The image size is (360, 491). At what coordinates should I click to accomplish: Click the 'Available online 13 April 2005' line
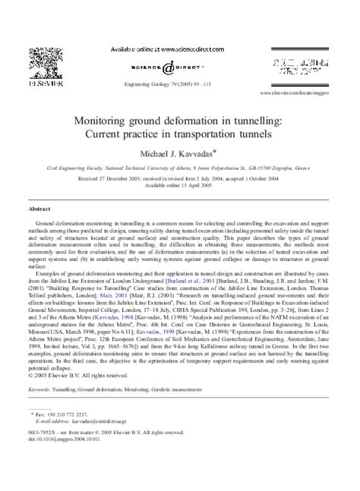tap(179, 183)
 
